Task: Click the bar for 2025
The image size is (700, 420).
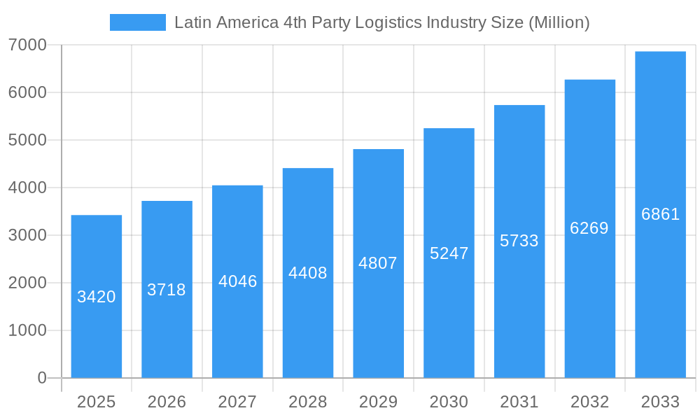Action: click(x=97, y=329)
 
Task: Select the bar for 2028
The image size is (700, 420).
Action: click(x=308, y=322)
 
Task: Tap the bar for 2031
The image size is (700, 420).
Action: click(x=519, y=308)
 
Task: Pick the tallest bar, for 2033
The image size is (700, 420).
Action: click(x=660, y=294)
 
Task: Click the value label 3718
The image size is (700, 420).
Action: click(x=167, y=290)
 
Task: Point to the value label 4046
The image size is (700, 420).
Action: click(x=238, y=281)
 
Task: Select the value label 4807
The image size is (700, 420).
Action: click(x=378, y=263)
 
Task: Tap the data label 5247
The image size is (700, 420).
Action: click(x=449, y=253)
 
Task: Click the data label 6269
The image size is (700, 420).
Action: click(x=589, y=228)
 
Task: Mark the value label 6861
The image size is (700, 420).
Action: click(x=660, y=214)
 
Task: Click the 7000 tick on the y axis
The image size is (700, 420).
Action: click(x=27, y=45)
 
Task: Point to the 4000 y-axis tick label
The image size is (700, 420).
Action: click(x=27, y=188)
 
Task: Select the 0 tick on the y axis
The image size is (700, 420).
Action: click(x=41, y=378)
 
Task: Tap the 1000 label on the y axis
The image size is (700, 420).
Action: click(x=27, y=330)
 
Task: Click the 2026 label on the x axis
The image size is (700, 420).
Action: click(x=167, y=402)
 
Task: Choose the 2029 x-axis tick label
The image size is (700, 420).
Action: click(x=378, y=402)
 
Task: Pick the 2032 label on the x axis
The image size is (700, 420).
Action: click(x=589, y=402)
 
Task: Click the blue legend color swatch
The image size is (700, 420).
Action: click(x=138, y=22)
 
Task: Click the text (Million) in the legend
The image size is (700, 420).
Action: click(x=559, y=22)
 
